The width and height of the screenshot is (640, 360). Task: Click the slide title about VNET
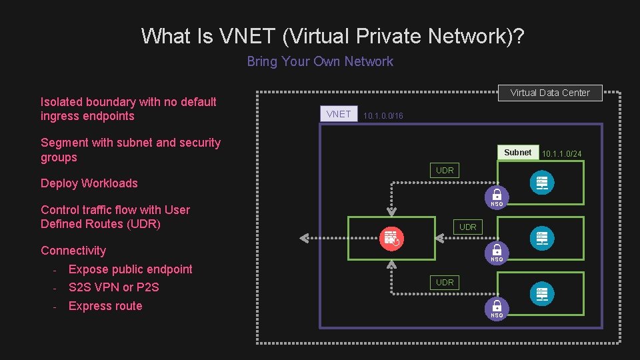333,35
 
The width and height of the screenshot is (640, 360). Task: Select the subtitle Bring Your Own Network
320,61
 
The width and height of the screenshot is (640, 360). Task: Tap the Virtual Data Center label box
550,93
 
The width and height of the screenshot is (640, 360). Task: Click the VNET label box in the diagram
339,114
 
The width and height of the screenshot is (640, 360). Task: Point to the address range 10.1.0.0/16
383,116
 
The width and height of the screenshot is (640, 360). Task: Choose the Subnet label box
518,153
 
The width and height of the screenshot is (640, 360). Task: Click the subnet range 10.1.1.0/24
561,154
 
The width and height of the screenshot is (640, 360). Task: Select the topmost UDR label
445,171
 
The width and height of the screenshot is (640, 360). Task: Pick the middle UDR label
468,227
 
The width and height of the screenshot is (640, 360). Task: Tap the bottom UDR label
445,283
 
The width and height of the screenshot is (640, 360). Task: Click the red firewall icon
391,238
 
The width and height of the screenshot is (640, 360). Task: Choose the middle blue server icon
541,238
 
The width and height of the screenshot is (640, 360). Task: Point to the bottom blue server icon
541,293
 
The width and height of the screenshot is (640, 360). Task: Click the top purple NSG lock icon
497,195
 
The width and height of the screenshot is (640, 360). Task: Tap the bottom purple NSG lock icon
497,307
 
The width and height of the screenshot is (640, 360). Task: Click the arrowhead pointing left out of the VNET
303,237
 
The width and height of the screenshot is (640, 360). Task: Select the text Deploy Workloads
89,183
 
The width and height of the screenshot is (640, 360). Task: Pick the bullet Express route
105,306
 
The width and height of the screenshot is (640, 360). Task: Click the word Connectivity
73,251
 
